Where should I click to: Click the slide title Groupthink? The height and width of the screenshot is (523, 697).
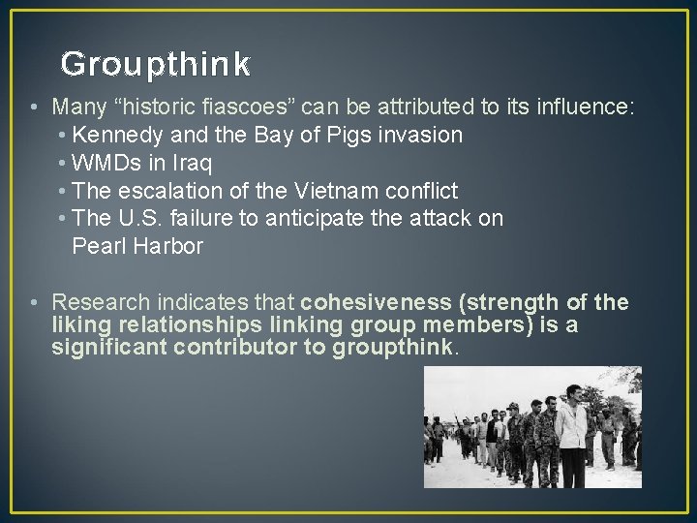pos(155,65)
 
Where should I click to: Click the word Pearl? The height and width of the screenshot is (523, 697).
pos(98,246)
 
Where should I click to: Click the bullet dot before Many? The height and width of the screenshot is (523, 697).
pos(34,107)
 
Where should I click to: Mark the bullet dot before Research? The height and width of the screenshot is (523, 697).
pos(34,303)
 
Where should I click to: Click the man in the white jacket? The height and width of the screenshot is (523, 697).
pos(572,427)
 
